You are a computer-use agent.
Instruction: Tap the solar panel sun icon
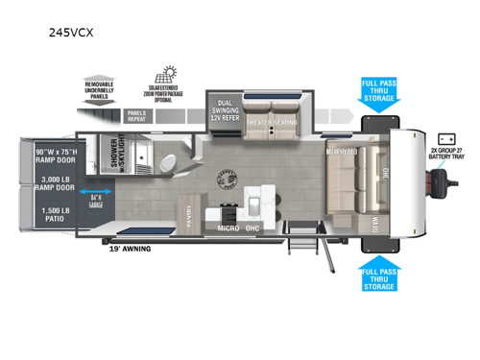coord(170,72)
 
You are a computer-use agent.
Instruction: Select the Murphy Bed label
coord(341,152)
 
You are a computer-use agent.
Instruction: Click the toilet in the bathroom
coord(165,159)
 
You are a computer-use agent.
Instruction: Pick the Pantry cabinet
coord(189,216)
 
